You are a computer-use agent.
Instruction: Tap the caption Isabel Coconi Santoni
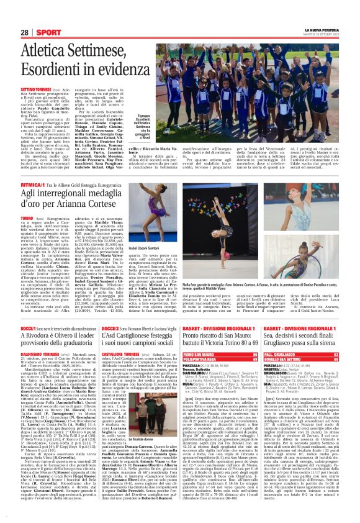[x=163, y=263]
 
